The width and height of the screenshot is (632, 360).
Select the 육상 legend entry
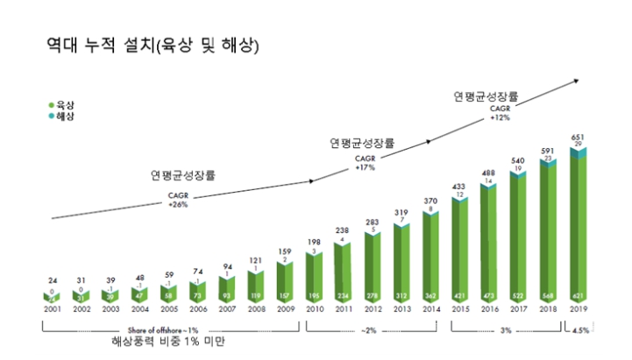pyautogui.click(x=61, y=104)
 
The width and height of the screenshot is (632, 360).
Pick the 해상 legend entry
pyautogui.click(x=61, y=116)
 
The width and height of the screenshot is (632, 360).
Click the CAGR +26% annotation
pyautogui.click(x=178, y=201)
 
